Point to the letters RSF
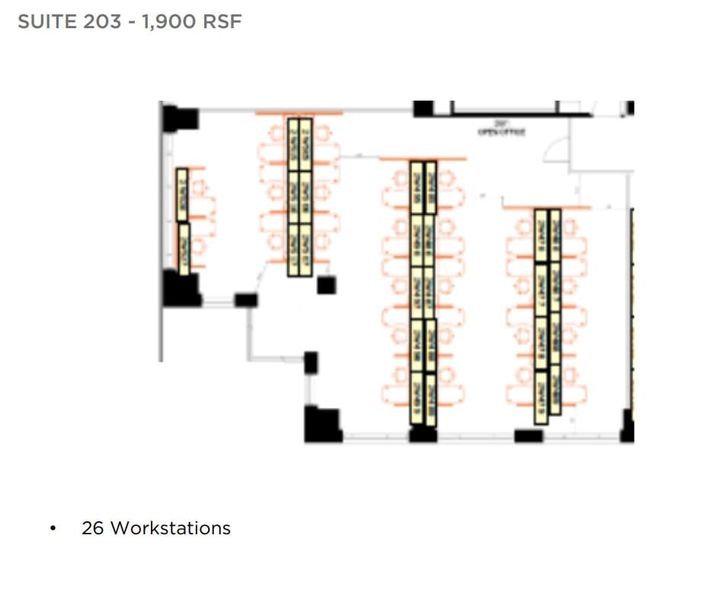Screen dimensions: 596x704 222,21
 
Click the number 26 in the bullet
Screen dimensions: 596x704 92,527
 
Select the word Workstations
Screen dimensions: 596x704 171,527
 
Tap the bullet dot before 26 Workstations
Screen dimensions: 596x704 53,528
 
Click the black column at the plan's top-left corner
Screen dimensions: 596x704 180,118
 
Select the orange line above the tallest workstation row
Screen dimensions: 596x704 422,159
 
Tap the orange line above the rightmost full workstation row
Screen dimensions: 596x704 546,207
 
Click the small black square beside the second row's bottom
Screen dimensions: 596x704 326,285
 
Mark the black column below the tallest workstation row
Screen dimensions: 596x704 423,435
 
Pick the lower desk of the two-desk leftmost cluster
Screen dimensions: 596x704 184,247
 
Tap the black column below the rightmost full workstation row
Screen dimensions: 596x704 528,436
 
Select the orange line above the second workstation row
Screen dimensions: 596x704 299,114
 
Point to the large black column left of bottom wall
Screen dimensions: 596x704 322,425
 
